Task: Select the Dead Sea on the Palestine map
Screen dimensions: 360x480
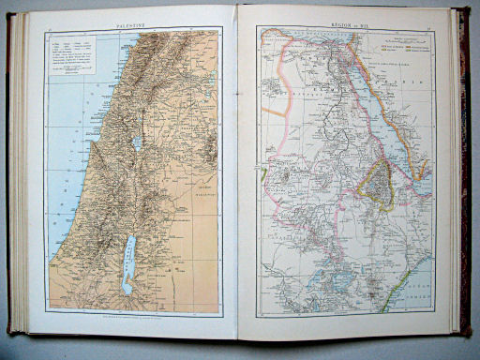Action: pyautogui.click(x=130, y=264)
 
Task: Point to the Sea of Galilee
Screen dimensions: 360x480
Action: pyautogui.click(x=138, y=143)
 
